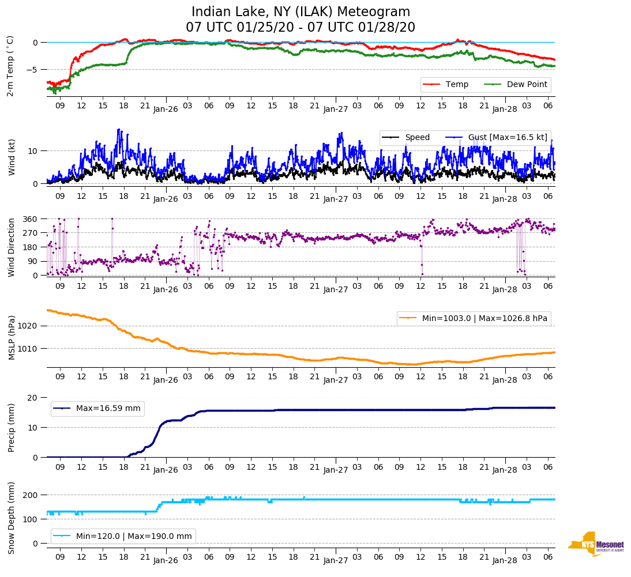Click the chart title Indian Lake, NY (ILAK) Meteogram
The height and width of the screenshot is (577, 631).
[x=301, y=12]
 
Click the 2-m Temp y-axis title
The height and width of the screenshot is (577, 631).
[x=10, y=66]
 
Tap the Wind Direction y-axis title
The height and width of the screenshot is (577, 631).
[x=11, y=247]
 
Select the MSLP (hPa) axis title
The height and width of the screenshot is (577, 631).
[x=11, y=338]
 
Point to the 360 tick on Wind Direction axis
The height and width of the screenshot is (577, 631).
[x=31, y=219]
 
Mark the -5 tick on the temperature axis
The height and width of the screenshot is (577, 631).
[x=33, y=70]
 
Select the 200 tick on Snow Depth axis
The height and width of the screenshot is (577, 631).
[x=31, y=495]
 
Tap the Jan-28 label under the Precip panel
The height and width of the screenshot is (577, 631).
[x=504, y=470]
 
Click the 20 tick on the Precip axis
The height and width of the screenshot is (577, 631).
[x=33, y=398]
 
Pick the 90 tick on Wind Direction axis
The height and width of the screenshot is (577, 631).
[x=33, y=261]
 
